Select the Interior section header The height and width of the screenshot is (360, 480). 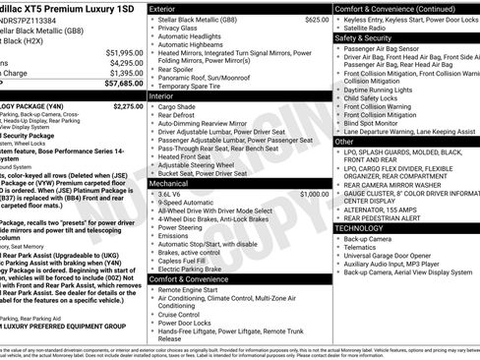pos(162,97)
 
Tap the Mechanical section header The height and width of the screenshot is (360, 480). pos(169,183)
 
